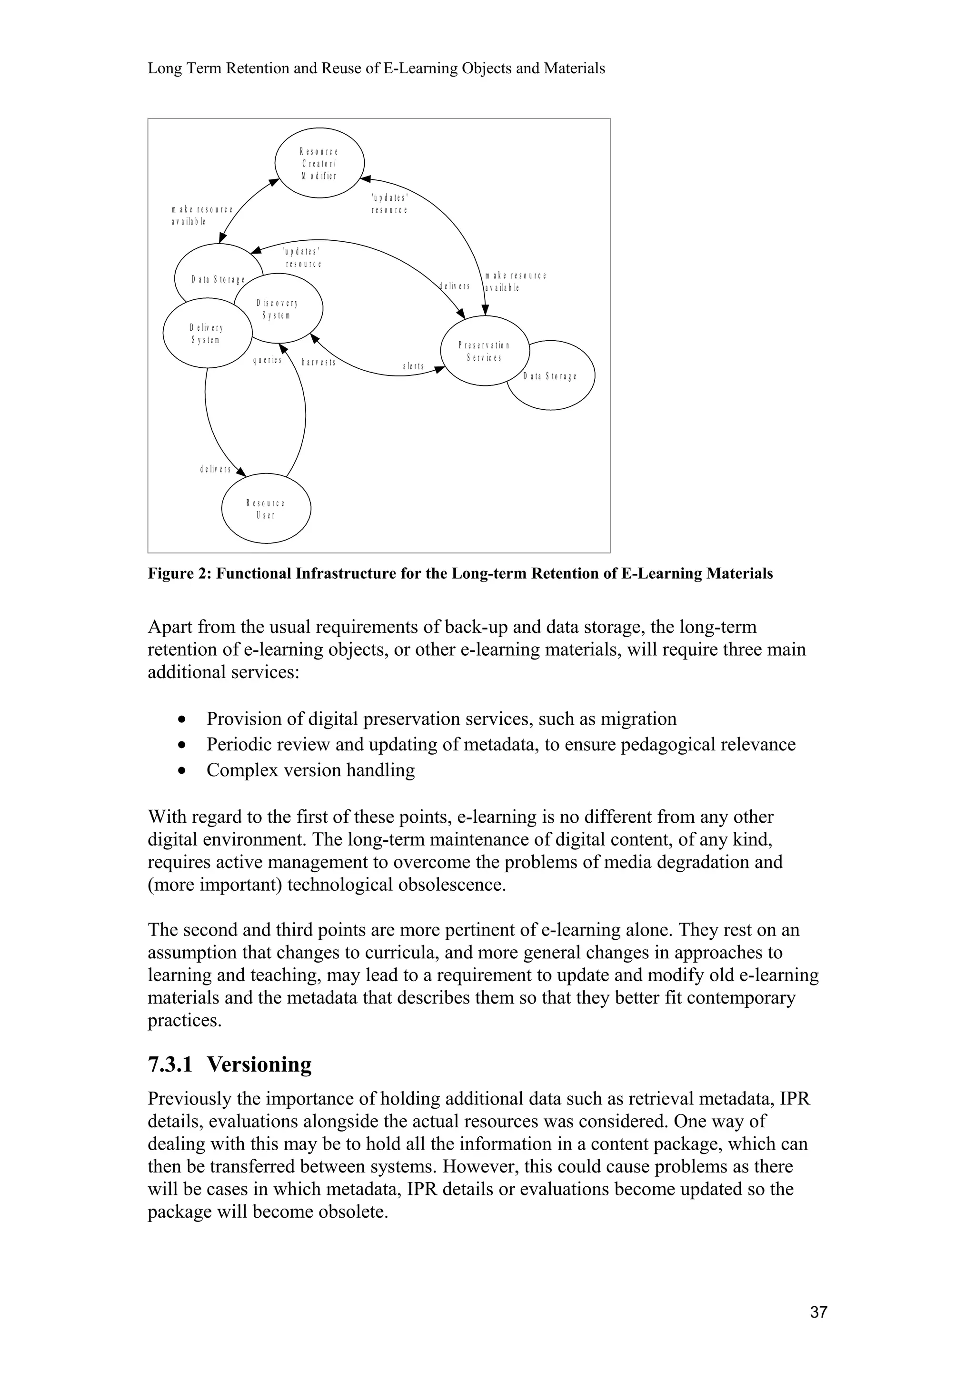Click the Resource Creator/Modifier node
(x=319, y=163)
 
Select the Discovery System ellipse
(x=278, y=309)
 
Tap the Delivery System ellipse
(x=206, y=334)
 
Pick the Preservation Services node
(x=484, y=351)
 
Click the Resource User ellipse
(x=266, y=509)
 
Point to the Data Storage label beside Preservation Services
(x=550, y=376)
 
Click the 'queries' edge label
(x=268, y=360)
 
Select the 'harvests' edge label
(x=318, y=362)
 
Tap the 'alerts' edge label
(x=413, y=366)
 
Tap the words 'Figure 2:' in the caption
(x=179, y=573)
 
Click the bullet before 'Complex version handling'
(x=181, y=770)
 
